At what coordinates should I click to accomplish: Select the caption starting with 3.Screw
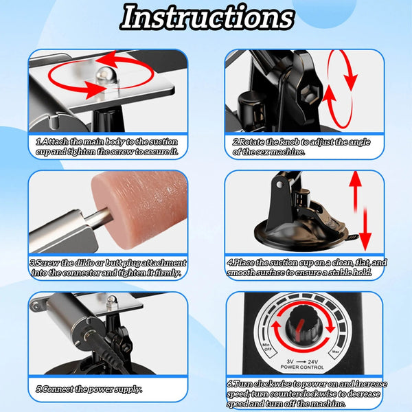[108, 267]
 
